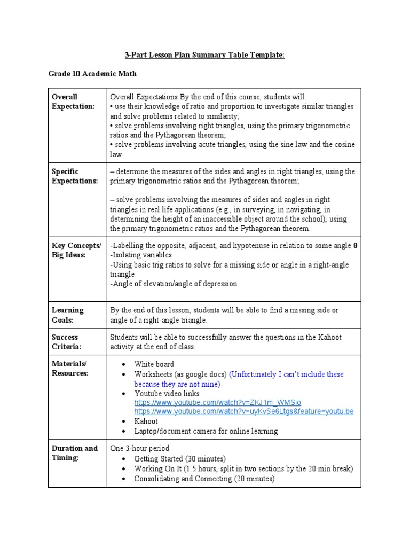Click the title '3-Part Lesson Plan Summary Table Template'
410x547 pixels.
pyautogui.click(x=205, y=55)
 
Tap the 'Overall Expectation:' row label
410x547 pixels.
pyautogui.click(x=73, y=101)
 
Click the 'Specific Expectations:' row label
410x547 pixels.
pyautogui.click(x=75, y=176)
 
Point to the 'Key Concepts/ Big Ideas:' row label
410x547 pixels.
pyautogui.click(x=76, y=250)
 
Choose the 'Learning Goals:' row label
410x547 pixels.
pyautogui.click(x=68, y=315)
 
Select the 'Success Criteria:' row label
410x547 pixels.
pyautogui.click(x=67, y=342)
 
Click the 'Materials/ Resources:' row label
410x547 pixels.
pyautogui.click(x=70, y=369)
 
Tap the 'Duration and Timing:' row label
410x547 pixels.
pyautogui.click(x=74, y=453)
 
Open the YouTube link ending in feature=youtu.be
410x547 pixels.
pyautogui.click(x=243, y=411)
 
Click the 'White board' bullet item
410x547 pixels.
pyautogui.click(x=154, y=364)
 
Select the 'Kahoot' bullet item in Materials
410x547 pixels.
pyautogui.click(x=146, y=421)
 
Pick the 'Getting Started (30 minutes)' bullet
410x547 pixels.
pyautogui.click(x=180, y=459)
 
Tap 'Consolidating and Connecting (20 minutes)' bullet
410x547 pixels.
pyautogui.click(x=204, y=479)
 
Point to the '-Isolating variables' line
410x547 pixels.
pyautogui.click(x=141, y=255)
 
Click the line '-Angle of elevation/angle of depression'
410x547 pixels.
pyautogui.click(x=174, y=284)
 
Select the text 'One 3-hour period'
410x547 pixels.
pyautogui.click(x=139, y=448)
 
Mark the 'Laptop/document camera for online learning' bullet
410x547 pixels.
pyautogui.click(x=206, y=431)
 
